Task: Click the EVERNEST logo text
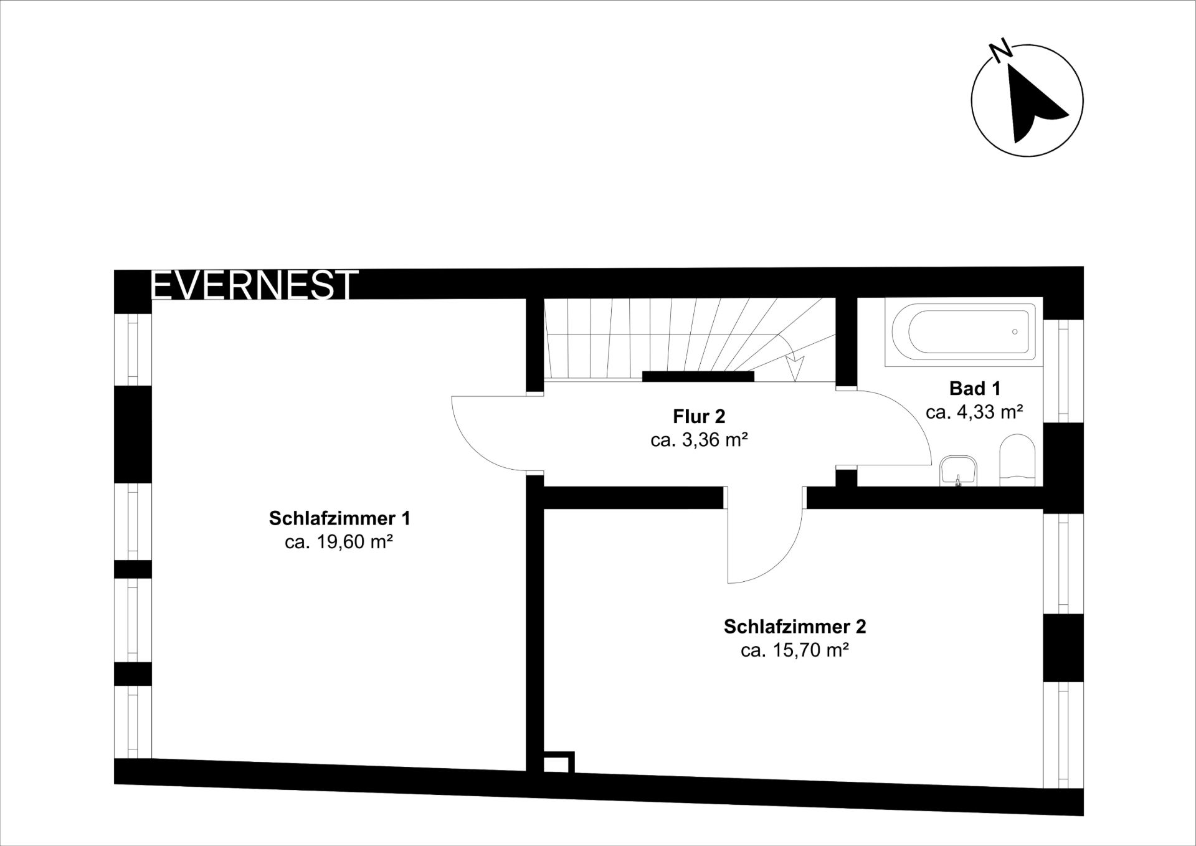point(254,285)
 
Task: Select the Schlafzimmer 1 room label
point(339,518)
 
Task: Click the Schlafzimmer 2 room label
point(795,626)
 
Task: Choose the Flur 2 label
point(699,416)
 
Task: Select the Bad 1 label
point(975,388)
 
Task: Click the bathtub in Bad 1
point(964,331)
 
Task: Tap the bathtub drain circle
point(1015,331)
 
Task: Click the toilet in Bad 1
point(1017,460)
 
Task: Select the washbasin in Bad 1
point(959,470)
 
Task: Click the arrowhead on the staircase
point(795,368)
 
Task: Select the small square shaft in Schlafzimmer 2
point(559,763)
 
